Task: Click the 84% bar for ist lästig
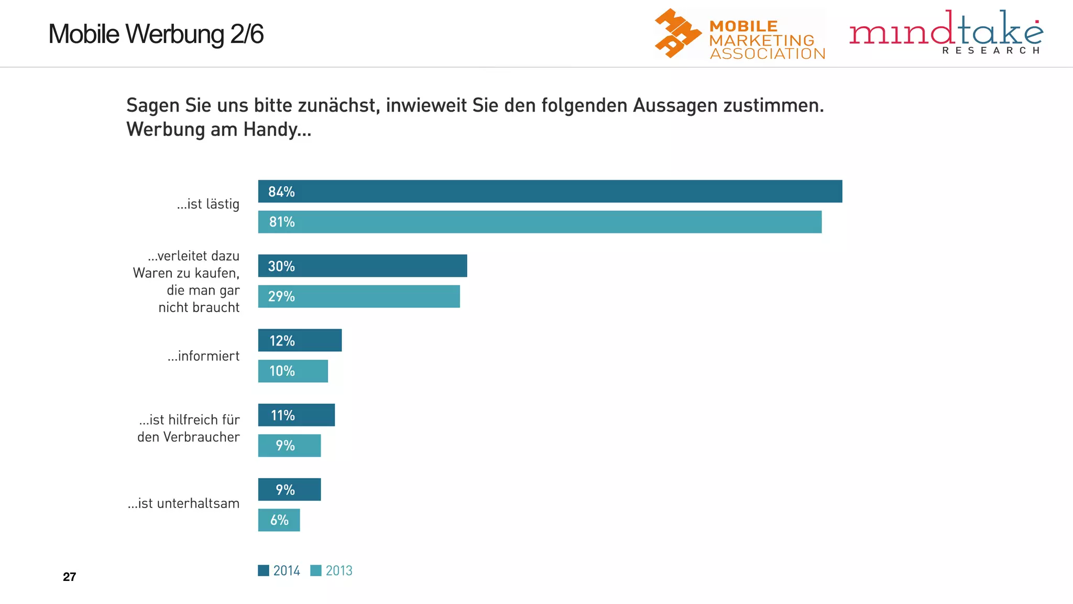pos(550,191)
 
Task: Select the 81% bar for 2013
pos(540,222)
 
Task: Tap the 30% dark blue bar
pos(363,266)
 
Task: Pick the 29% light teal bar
pos(359,296)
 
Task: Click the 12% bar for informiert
pos(300,340)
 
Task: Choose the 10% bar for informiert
pos(293,371)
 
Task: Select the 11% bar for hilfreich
pos(297,415)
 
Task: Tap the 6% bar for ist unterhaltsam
pos(279,520)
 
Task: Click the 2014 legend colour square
pos(264,570)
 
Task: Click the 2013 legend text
pos(339,570)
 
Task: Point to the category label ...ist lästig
pos(208,204)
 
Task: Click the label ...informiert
pos(203,356)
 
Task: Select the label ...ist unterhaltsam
pos(183,503)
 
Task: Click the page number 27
pos(69,577)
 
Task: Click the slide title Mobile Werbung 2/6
pos(156,34)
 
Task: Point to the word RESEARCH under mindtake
pos(990,50)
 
